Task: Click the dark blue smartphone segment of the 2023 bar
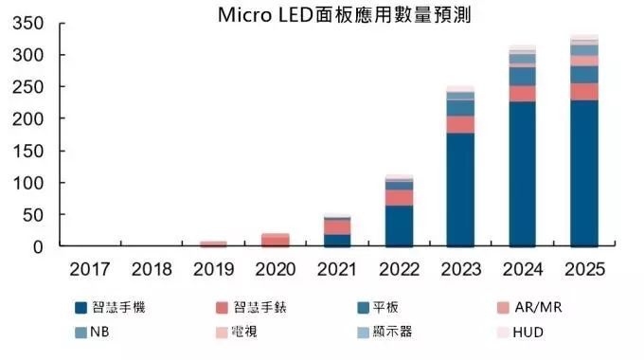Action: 460,189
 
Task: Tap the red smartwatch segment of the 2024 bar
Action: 523,93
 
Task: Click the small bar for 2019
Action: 213,243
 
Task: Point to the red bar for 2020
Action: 276,240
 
